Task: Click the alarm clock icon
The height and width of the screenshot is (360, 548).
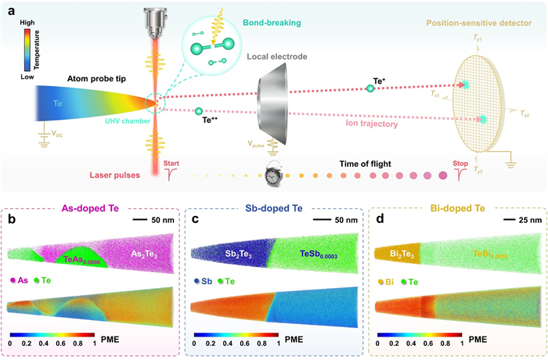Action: tap(275, 175)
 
